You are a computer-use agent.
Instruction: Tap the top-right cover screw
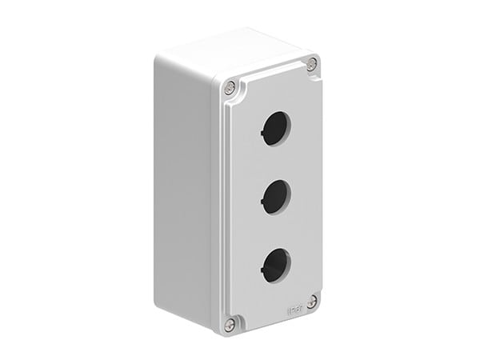311,63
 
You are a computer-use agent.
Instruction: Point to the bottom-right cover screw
311,300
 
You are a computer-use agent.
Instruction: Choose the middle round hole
274,194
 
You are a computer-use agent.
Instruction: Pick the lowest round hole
274,263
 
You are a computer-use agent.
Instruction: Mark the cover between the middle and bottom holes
274,229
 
